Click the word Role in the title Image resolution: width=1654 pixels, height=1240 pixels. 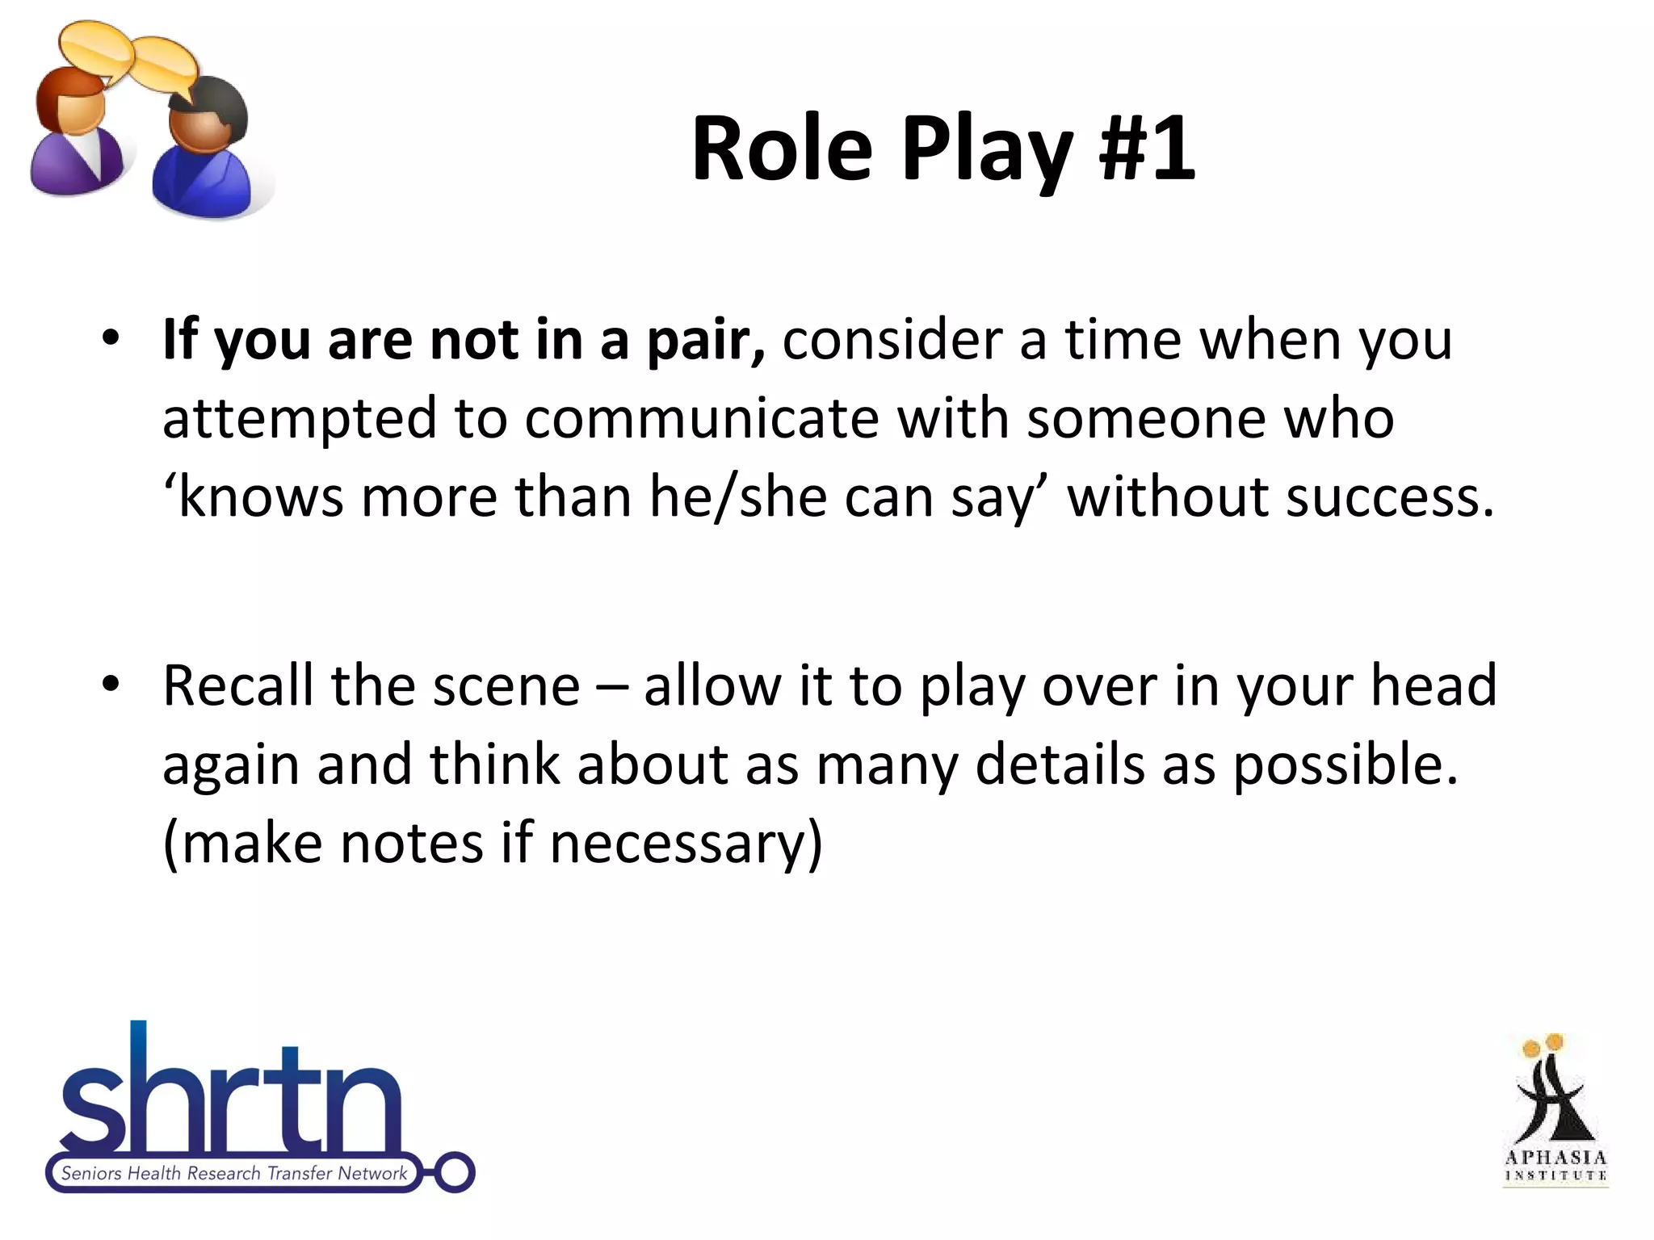782,149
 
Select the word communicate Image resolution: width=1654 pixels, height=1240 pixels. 702,419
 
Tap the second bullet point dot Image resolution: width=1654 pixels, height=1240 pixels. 111,684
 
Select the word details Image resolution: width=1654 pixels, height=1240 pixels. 1060,764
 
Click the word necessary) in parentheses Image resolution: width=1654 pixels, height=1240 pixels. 686,843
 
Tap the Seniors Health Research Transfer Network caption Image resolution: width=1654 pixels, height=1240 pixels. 234,1173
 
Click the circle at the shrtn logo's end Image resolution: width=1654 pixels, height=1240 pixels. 455,1172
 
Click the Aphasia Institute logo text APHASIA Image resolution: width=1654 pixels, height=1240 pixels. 1555,1158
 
